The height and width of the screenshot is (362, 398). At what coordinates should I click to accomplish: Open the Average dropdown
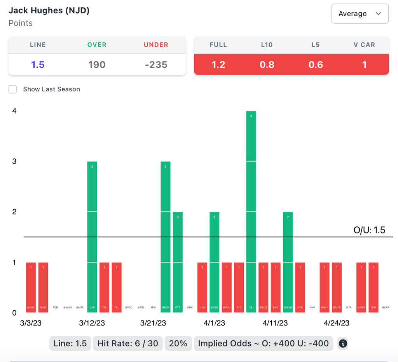(360, 14)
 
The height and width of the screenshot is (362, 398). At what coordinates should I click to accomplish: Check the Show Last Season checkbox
(13, 89)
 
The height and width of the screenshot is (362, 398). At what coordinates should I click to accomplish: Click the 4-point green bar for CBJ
(251, 212)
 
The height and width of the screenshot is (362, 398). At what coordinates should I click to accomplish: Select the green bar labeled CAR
(92, 237)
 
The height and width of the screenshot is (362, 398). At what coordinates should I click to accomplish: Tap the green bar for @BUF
(166, 237)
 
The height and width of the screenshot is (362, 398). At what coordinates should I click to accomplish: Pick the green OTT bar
(178, 262)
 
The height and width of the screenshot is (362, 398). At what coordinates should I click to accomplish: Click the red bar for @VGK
(31, 287)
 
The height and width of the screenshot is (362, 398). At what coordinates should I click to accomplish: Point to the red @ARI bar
(43, 287)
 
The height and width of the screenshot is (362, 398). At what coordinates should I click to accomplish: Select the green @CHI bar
(215, 262)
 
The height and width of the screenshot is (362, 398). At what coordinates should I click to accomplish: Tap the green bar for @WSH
(288, 262)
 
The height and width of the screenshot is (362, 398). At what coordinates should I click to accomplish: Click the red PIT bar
(239, 287)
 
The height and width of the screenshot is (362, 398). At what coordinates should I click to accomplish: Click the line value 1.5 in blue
(38, 64)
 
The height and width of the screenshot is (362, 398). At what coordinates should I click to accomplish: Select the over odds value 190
(97, 64)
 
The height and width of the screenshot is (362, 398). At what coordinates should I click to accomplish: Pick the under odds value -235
(156, 64)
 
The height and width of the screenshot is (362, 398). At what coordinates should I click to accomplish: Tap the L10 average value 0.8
(267, 64)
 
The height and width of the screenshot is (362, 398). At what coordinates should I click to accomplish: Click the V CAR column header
(364, 45)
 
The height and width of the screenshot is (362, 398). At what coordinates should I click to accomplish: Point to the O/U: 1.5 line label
(369, 230)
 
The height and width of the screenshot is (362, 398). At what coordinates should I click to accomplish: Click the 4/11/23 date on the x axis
(275, 323)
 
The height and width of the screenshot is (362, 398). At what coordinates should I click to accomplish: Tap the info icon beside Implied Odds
(343, 343)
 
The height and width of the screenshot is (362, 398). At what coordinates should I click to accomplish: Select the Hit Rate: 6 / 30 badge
(128, 343)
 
